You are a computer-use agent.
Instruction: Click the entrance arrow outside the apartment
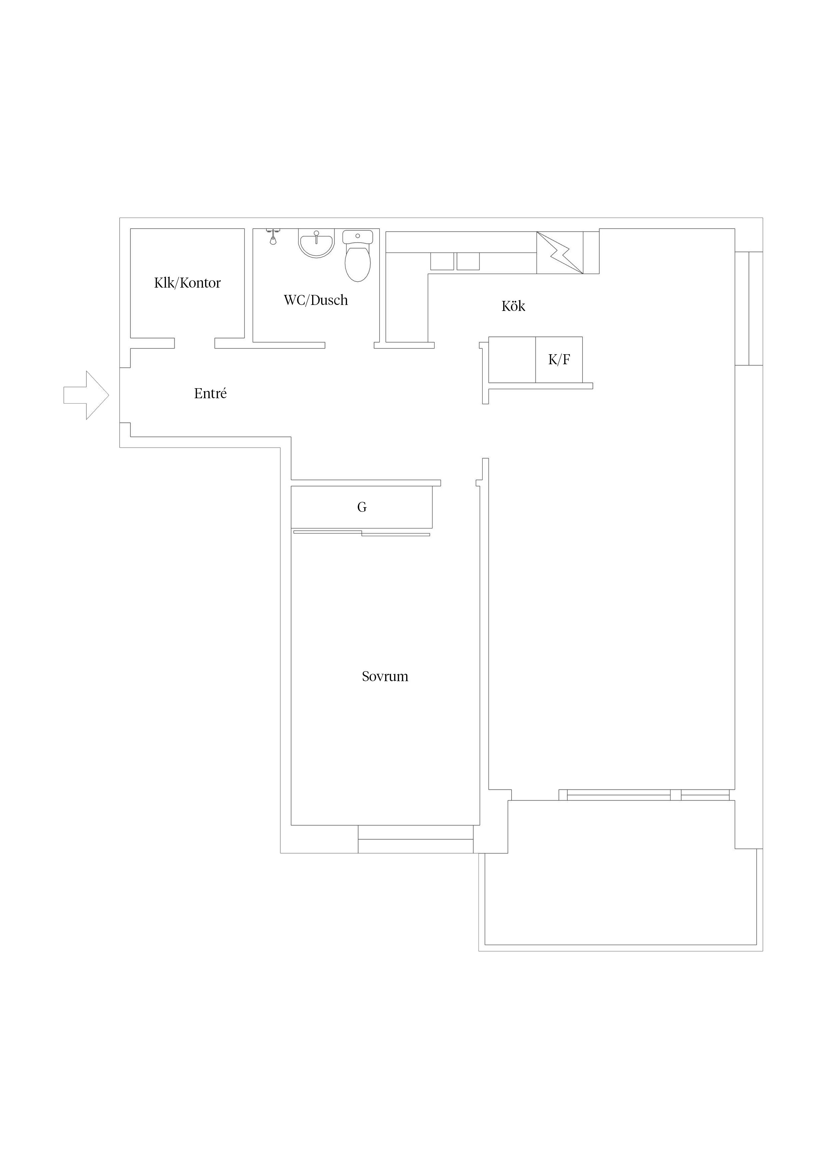coord(86,395)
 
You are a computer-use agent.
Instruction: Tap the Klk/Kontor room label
coord(187,283)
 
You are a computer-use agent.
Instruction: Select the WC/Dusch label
coord(316,300)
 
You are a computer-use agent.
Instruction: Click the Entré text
coord(210,393)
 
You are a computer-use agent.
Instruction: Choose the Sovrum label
coord(385,677)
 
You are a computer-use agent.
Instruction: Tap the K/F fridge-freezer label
coord(559,360)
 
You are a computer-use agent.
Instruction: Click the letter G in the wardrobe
coord(362,507)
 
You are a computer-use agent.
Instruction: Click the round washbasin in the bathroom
coord(316,244)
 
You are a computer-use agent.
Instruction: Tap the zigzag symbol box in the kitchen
coord(560,253)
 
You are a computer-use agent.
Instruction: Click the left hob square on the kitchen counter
coord(442,261)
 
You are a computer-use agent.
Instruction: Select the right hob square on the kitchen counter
coord(468,261)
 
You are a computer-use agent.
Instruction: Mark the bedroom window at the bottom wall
coord(416,839)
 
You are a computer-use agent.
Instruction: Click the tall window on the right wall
coord(749,309)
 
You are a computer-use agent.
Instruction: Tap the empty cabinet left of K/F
coord(512,360)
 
